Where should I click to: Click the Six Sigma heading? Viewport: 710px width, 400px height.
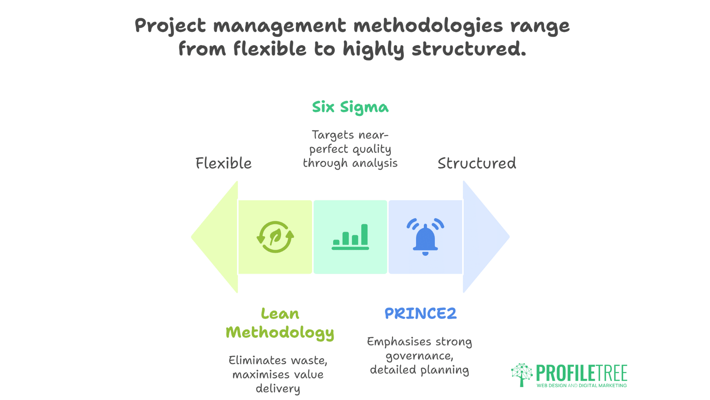[350, 107]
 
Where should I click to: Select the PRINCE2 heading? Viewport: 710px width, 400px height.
[420, 314]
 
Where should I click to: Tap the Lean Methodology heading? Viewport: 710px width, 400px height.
[280, 323]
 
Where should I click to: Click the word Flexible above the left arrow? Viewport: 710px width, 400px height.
[223, 163]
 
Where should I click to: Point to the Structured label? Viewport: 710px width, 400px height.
[477, 163]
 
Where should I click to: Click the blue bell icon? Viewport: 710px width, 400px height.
[425, 237]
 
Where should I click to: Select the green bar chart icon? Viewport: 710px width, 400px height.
[350, 237]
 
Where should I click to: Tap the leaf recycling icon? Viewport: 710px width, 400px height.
[275, 237]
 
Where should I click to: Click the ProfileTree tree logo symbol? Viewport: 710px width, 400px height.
[522, 374]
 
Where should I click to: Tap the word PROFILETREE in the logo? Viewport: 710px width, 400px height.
[581, 373]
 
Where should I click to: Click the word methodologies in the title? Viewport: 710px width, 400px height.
[428, 26]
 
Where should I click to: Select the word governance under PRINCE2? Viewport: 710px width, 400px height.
[419, 356]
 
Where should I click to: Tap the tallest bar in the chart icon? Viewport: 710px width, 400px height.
[364, 234]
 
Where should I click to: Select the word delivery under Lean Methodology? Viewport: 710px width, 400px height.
[278, 389]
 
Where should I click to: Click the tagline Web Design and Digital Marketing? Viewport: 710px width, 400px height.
[581, 386]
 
